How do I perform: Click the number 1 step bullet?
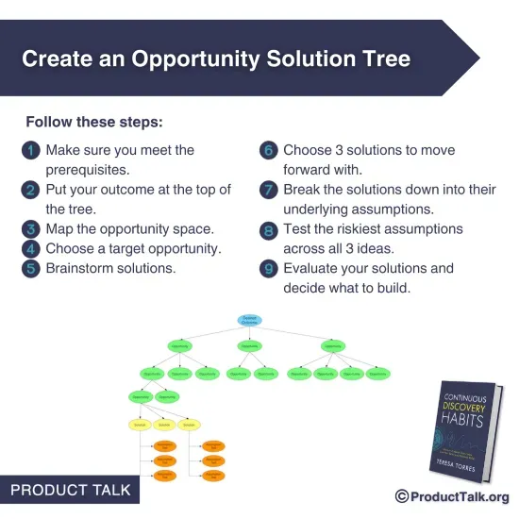[x=32, y=151]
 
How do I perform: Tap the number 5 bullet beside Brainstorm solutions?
[x=32, y=269]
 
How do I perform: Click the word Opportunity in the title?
[x=198, y=59]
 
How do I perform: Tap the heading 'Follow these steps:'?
[x=93, y=123]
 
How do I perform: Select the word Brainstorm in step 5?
[x=84, y=269]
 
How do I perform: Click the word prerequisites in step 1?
[x=87, y=170]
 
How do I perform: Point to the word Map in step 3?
[x=60, y=229]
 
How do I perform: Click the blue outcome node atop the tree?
[x=249, y=321]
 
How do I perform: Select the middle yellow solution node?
[x=165, y=425]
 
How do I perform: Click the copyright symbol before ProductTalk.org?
[x=402, y=496]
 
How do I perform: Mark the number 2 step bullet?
[x=32, y=191]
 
